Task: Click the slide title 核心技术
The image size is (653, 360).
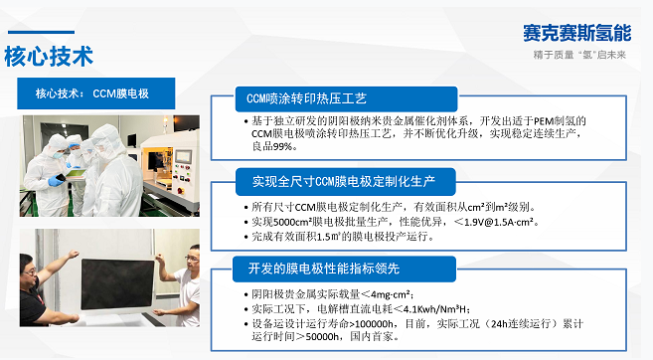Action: tap(49, 57)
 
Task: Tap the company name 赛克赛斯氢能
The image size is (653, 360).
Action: tap(577, 33)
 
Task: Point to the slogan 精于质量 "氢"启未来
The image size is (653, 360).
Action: tap(579, 55)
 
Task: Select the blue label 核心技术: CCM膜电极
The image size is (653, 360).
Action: tap(96, 93)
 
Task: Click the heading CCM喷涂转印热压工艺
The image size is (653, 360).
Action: tap(306, 98)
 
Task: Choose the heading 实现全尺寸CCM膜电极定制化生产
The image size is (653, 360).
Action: tap(344, 182)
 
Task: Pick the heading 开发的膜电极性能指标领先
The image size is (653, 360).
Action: tap(324, 269)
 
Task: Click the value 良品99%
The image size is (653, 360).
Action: tap(274, 146)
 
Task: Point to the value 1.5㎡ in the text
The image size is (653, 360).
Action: tap(329, 237)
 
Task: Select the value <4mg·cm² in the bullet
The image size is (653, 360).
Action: tap(386, 294)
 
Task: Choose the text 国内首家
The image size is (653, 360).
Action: tap(371, 336)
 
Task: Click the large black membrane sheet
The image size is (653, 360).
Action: tap(117, 284)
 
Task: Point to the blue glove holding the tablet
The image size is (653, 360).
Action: tap(57, 180)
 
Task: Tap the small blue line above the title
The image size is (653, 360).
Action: tap(41, 32)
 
